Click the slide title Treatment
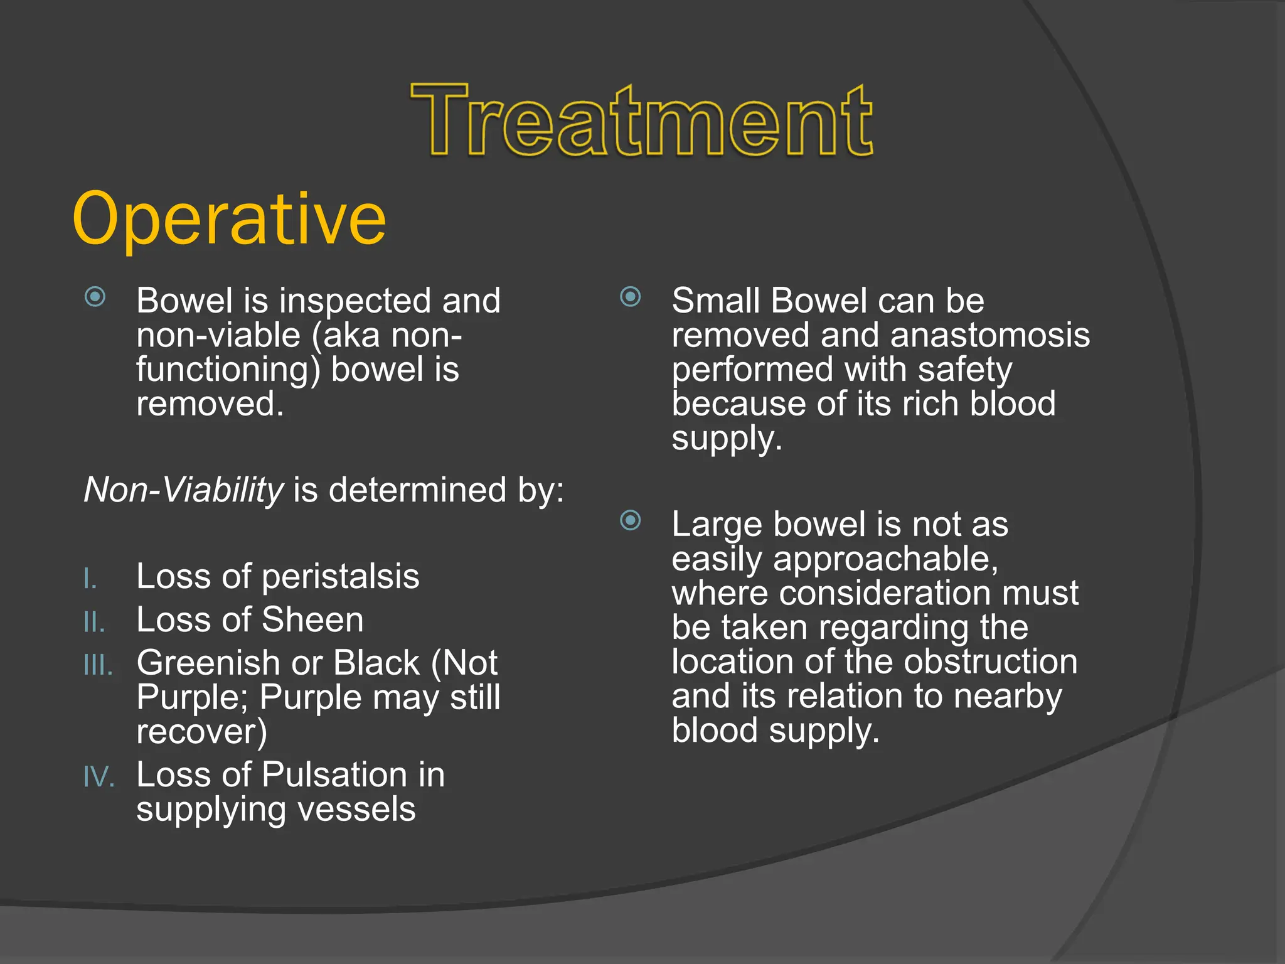point(641,120)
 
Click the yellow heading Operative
point(229,219)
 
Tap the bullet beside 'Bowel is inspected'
point(95,296)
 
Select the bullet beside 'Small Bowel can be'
point(631,296)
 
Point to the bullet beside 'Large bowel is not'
point(631,520)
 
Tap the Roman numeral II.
point(94,622)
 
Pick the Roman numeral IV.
point(99,777)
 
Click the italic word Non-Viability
point(183,490)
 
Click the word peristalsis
point(340,577)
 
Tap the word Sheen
point(312,620)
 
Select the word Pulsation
point(334,774)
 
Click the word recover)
point(201,732)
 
